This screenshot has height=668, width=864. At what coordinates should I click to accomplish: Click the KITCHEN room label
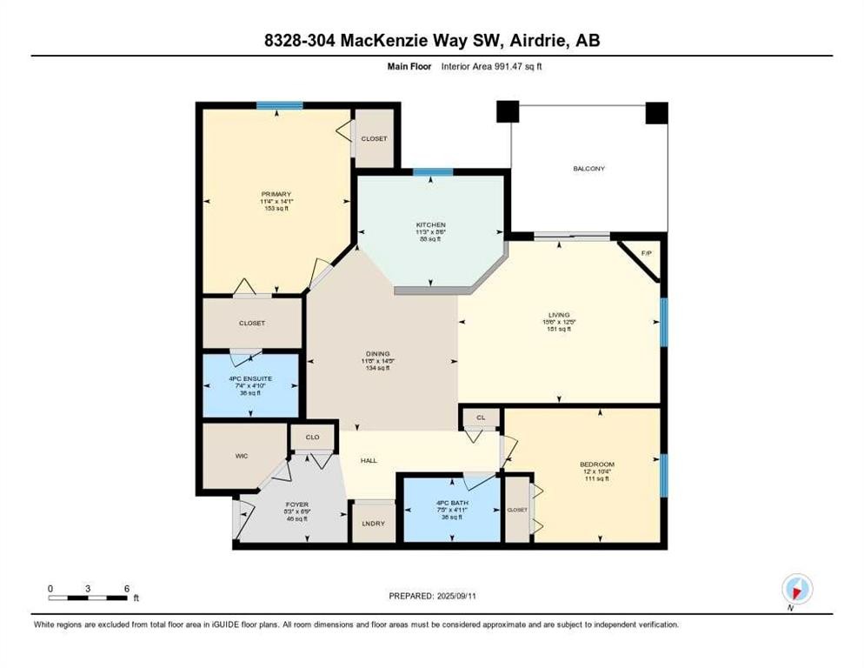(430, 224)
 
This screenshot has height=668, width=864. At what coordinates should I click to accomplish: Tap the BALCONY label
(588, 169)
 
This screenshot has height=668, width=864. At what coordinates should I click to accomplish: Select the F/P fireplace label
(646, 253)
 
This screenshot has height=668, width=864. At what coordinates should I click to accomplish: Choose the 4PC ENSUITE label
(251, 377)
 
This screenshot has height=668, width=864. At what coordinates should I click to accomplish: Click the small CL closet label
(480, 418)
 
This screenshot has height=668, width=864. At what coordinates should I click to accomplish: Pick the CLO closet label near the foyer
(311, 437)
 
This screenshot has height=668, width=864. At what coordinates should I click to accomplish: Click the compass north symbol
(796, 589)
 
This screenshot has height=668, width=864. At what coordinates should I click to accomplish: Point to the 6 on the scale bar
(127, 588)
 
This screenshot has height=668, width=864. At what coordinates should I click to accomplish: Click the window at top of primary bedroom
(279, 105)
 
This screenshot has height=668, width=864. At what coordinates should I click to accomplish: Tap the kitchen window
(432, 172)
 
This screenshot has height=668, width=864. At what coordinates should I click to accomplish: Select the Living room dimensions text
(559, 322)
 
